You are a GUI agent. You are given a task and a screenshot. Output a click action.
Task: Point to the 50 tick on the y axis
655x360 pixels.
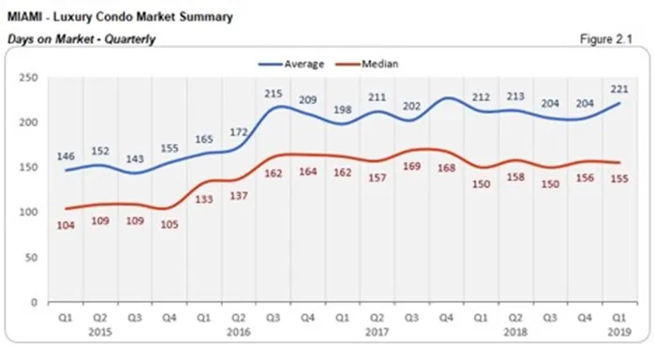(34, 257)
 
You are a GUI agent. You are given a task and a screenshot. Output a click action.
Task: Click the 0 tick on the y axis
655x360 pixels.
(37, 302)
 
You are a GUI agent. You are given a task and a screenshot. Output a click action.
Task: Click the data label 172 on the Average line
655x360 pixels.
(240, 133)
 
